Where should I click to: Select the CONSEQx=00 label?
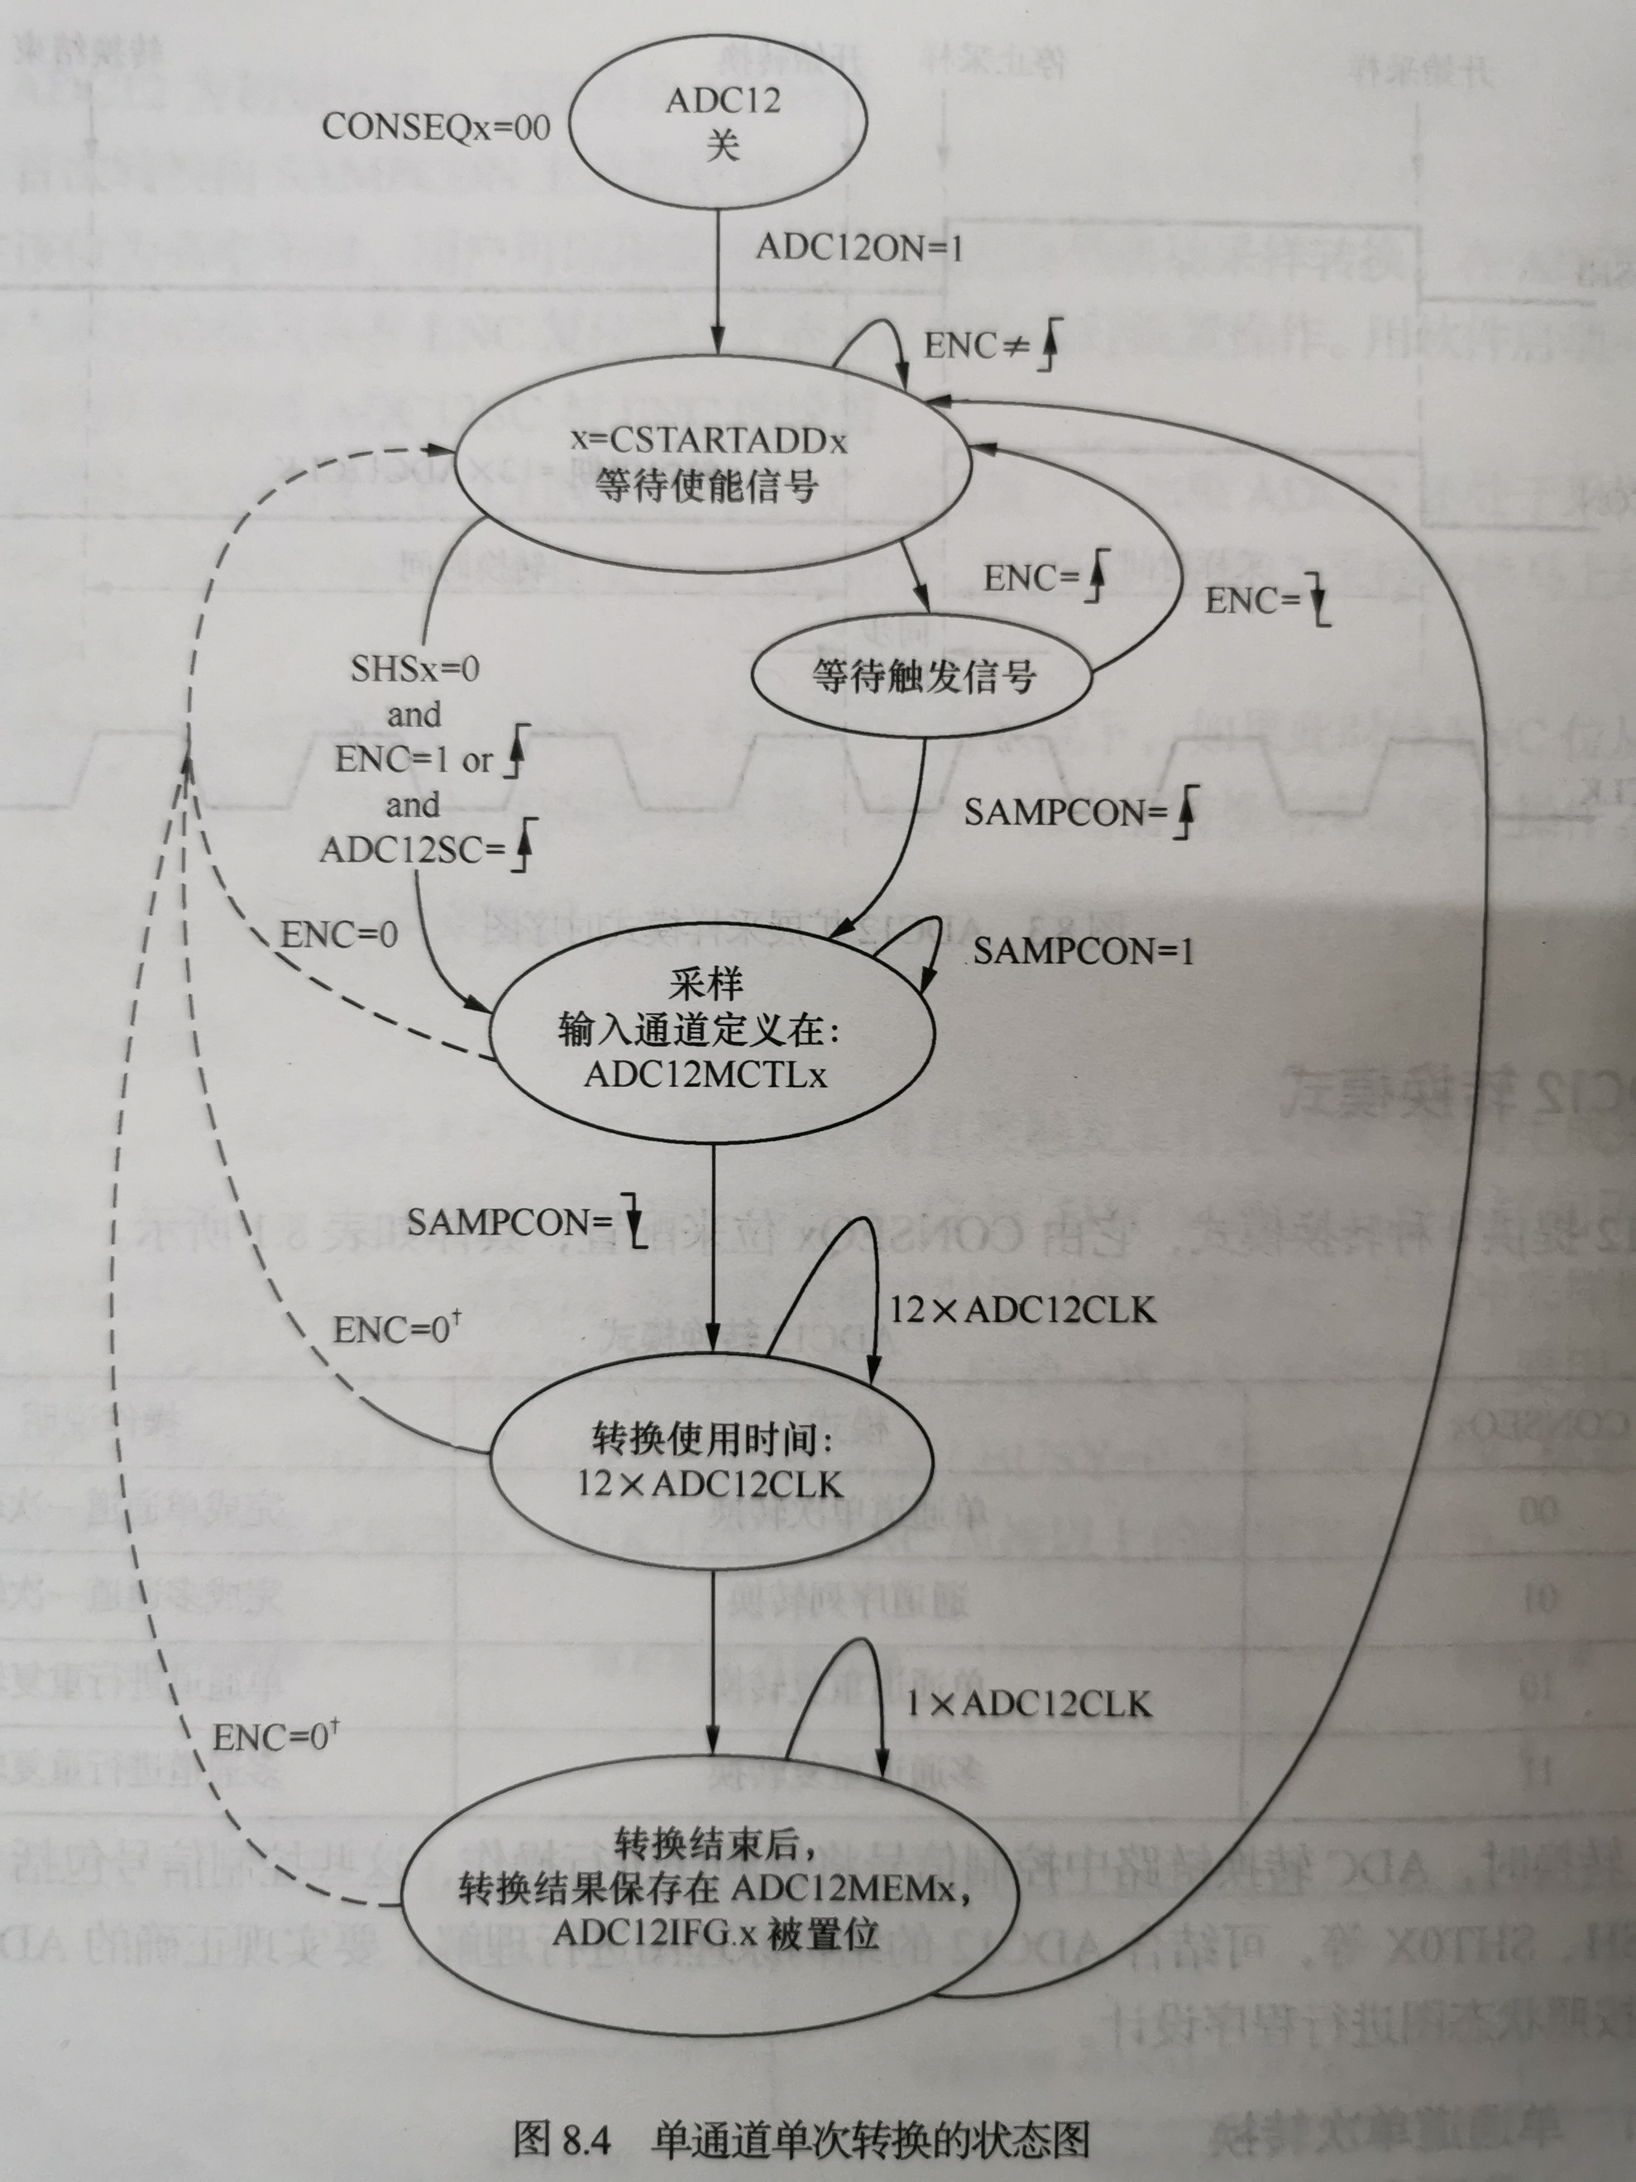click(x=436, y=127)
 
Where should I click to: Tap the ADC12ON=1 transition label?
click(x=859, y=248)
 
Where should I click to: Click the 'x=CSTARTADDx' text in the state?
click(x=708, y=440)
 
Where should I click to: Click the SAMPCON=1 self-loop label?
click(x=1083, y=952)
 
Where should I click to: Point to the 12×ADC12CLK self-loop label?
click(x=1022, y=1310)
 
